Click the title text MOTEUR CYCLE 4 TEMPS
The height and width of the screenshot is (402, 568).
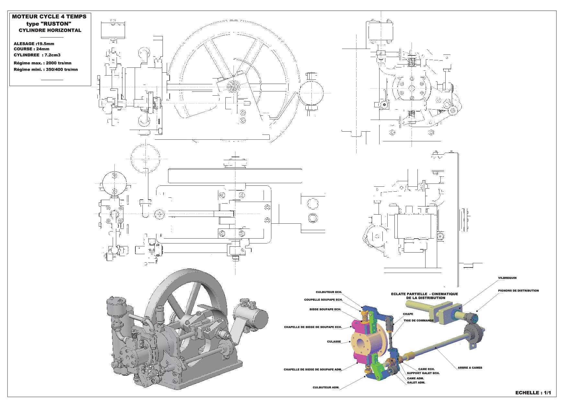click(49, 17)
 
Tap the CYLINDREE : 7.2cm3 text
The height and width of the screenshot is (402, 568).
click(37, 55)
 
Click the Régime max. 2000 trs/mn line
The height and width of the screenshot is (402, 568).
click(42, 63)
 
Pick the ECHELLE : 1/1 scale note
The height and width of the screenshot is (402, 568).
click(533, 393)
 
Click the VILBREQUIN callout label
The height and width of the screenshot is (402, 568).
click(507, 278)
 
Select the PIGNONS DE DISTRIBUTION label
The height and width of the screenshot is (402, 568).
click(518, 290)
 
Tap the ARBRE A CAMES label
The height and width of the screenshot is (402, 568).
click(470, 368)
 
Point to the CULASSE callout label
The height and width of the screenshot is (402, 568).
click(334, 342)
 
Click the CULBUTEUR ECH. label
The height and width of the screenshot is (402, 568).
click(329, 292)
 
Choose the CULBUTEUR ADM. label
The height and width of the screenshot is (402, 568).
click(326, 387)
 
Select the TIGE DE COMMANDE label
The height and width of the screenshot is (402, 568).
click(418, 321)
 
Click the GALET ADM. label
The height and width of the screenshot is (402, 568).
click(416, 383)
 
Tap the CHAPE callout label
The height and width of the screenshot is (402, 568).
click(408, 314)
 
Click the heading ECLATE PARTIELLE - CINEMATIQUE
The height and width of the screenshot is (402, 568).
click(424, 294)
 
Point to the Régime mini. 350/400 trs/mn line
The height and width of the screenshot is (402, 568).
click(46, 69)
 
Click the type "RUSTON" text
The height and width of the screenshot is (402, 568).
click(49, 24)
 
